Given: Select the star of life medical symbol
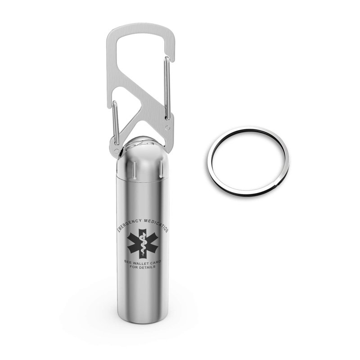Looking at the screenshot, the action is pos(143,243).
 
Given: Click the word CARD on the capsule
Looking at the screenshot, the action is pos(156,262).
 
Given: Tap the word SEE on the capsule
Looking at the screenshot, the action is pos(127,262).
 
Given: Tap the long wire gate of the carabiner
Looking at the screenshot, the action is pos(167,88).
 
